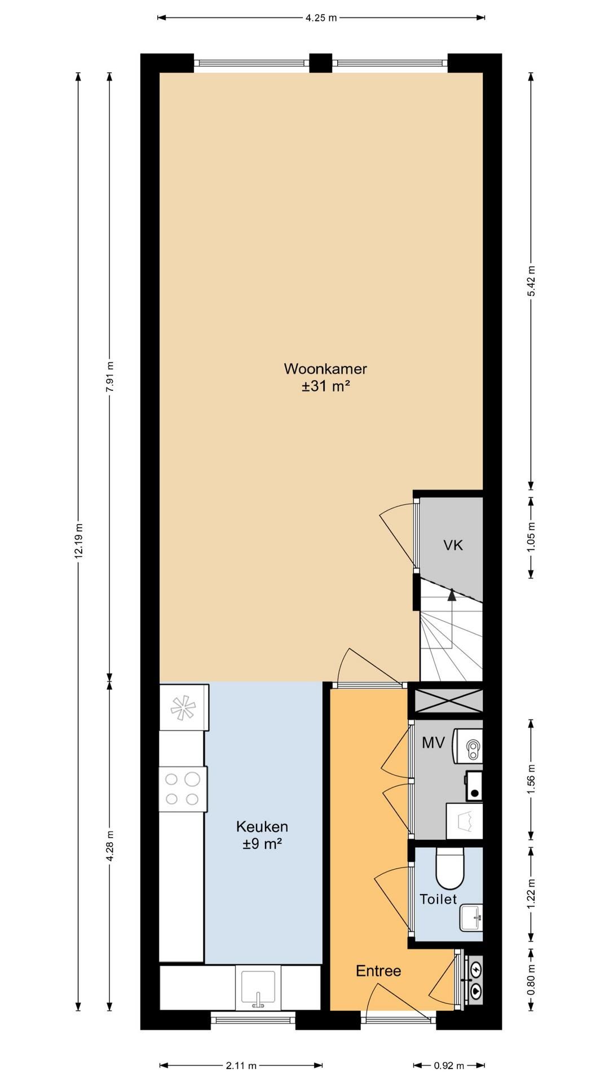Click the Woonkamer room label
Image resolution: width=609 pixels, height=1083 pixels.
pos(325,369)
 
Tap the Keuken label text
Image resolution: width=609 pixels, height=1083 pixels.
pos(262,827)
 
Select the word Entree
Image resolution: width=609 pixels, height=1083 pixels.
pos(378,971)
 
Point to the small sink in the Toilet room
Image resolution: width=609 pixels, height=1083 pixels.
pos(471,918)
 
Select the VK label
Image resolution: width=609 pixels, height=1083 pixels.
pos(453,545)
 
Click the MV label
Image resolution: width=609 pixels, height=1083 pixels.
pos(434,743)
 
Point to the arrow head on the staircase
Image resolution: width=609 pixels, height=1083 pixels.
pos(451,593)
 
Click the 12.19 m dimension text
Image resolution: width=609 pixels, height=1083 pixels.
pos(78,541)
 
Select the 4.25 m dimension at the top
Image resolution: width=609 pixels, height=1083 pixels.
pos(321,17)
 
